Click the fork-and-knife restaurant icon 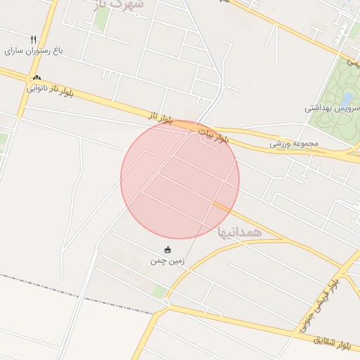pyautogui.click(x=33, y=39)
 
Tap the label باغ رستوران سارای pyautogui.click(x=34, y=51)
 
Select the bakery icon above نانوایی pyautogui.click(x=37, y=78)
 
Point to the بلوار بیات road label pyautogui.click(x=213, y=135)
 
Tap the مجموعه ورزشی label pyautogui.click(x=295, y=143)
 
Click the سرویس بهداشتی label pyautogui.click(x=332, y=108)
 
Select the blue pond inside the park pyautogui.click(x=347, y=98)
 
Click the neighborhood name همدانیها pyautogui.click(x=240, y=231)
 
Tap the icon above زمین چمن pyautogui.click(x=168, y=250)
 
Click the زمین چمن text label pyautogui.click(x=167, y=261)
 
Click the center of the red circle pyautogui.click(x=180, y=179)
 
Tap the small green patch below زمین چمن pyautogui.click(x=160, y=290)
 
